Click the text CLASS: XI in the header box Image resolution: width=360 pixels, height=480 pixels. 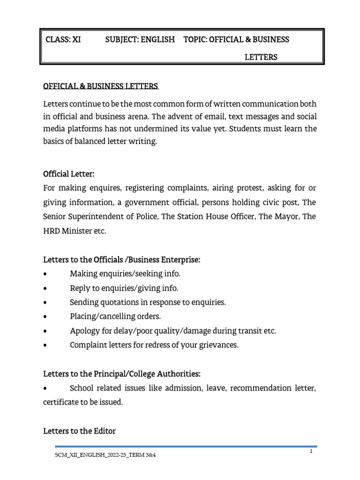(63, 39)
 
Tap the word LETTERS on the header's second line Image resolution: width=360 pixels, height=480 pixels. (261, 57)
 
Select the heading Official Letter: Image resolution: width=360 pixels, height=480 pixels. (69, 174)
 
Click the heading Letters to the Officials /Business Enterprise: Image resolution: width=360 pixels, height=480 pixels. (121, 260)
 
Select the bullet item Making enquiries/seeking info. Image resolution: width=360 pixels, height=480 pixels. (125, 274)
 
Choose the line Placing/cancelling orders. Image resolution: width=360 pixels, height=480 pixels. (115, 316)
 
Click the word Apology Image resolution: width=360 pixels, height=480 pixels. (83, 331)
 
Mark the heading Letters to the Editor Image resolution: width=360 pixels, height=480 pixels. (79, 431)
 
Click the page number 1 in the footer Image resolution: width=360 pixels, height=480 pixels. (310, 451)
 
